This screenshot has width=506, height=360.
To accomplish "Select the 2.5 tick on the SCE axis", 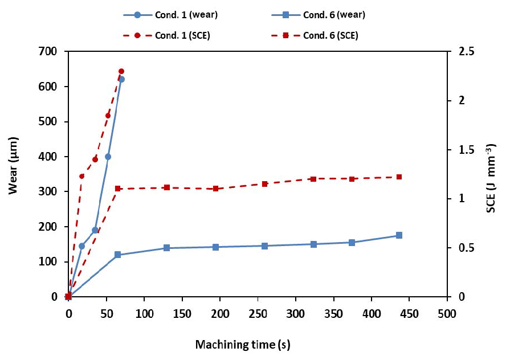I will coord(458,52).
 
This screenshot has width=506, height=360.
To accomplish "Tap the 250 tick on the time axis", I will coord(258,313).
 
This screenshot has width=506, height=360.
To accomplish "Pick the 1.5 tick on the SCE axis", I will coord(458,150).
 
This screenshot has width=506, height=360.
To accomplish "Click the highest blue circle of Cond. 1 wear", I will coord(121,79).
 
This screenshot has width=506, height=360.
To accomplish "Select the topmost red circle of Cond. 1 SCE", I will coord(121,71).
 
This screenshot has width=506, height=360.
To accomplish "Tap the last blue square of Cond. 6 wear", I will coord(399,235).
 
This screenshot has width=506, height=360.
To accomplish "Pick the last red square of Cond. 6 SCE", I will coord(399,177).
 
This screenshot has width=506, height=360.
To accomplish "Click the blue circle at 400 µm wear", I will coord(108,157).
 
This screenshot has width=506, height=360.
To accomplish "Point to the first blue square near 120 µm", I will coord(118,255).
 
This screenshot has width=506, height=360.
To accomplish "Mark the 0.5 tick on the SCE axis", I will coord(458,248).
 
